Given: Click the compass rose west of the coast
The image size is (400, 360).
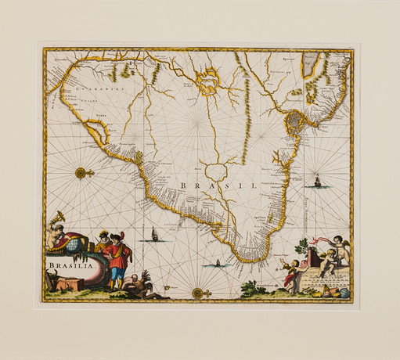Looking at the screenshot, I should (x=83, y=172).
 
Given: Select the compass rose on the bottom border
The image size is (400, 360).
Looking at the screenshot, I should (x=197, y=293).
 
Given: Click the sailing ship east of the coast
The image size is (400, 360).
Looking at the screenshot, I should (x=318, y=182).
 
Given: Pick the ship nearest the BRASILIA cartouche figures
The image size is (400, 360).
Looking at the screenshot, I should (x=154, y=234).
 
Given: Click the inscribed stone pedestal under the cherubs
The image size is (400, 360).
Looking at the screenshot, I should (x=322, y=278).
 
